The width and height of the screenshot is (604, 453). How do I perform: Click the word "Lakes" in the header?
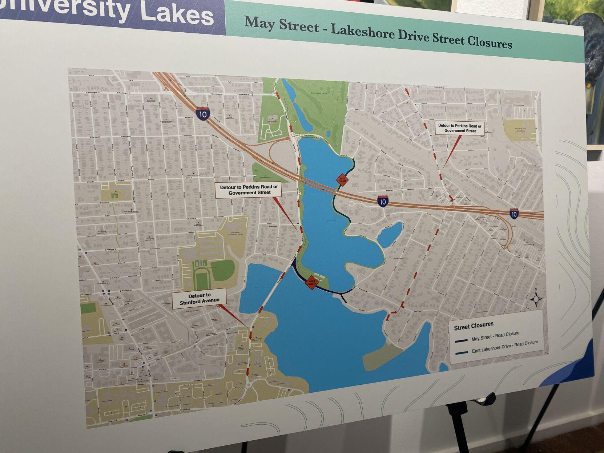177,13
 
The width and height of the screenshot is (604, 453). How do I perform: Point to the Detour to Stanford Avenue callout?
199,298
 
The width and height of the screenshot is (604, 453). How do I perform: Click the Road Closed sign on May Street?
312,282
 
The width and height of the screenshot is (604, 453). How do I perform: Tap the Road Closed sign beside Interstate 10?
342,179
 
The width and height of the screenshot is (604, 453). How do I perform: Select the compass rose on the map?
536,299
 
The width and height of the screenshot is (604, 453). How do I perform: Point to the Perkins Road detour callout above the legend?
460,128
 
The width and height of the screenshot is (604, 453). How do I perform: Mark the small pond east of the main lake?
390,234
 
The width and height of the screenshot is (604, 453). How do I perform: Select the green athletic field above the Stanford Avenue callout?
222,271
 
